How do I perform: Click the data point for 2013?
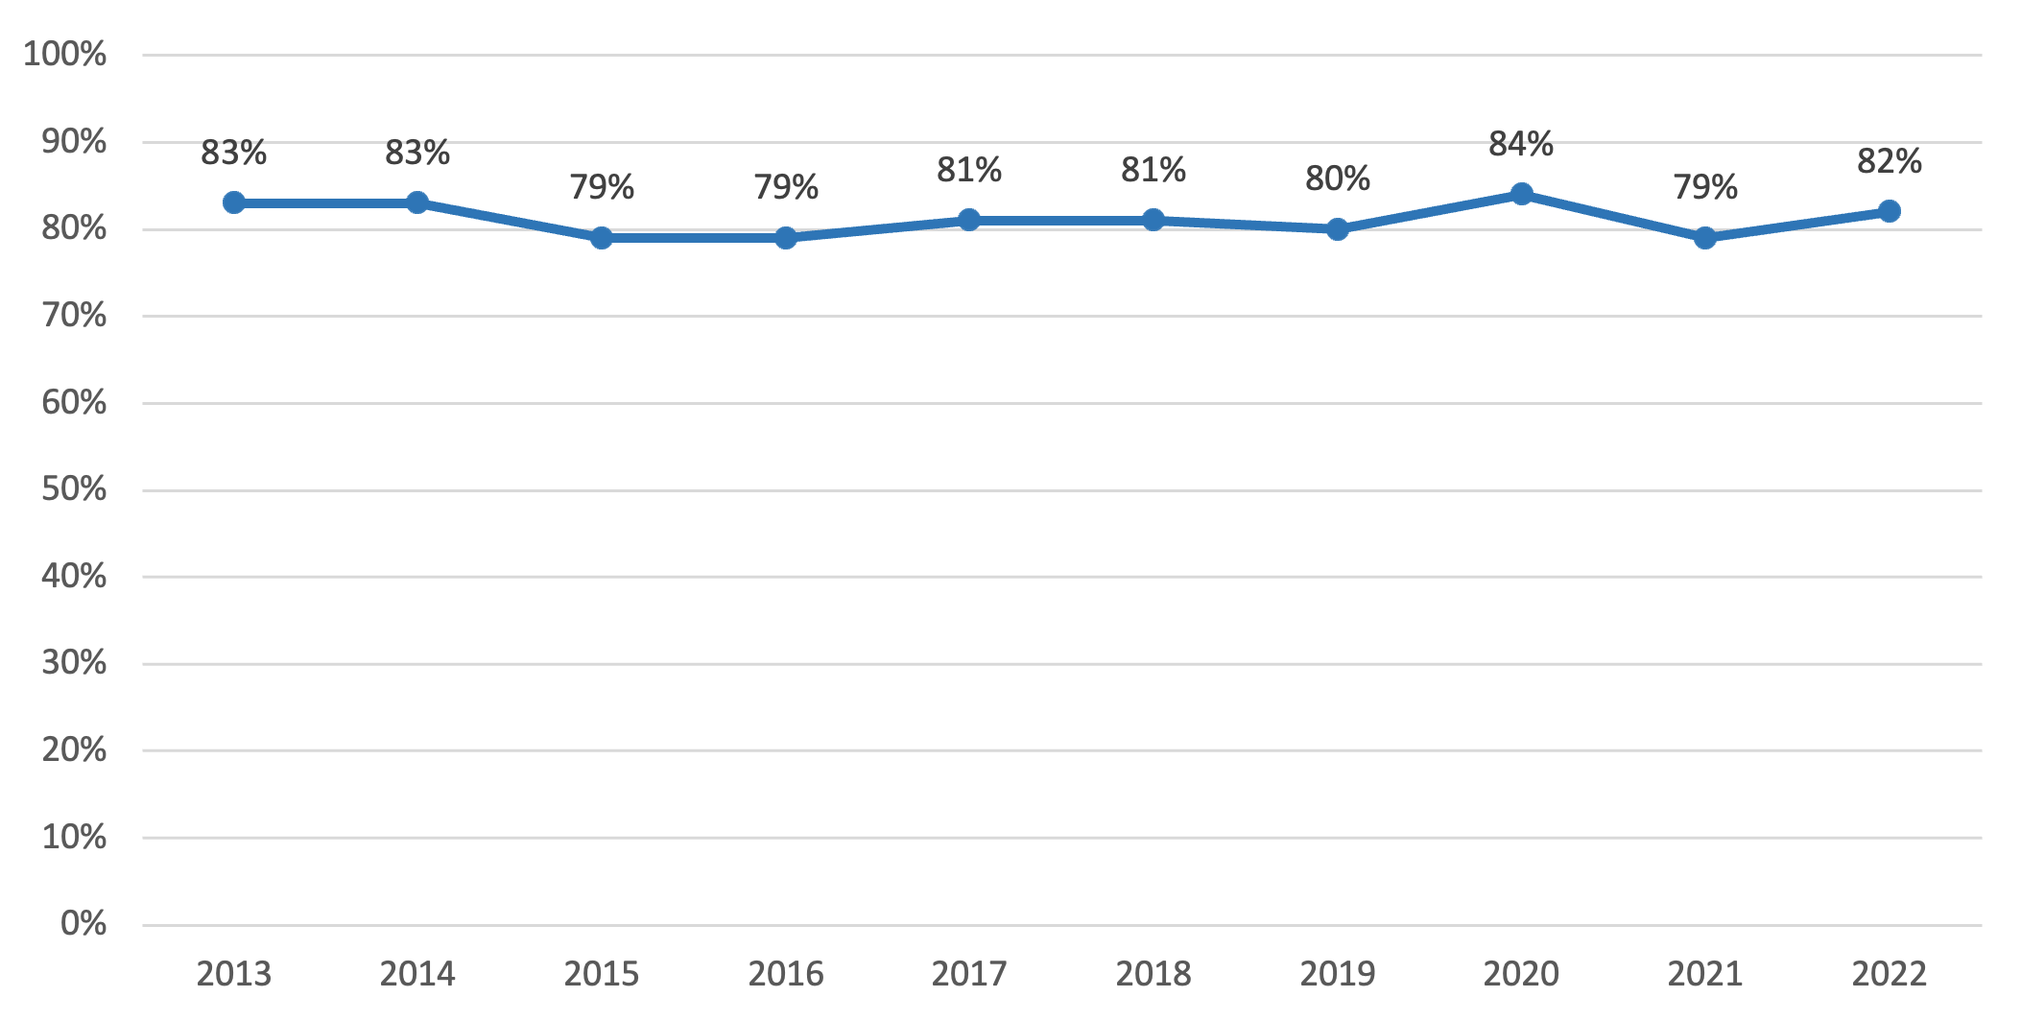(233, 202)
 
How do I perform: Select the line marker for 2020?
(1521, 194)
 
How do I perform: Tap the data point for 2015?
(602, 238)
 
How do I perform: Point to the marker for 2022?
(1889, 211)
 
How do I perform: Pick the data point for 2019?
(1337, 229)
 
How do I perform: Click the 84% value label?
(1521, 144)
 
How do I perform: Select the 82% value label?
(1889, 161)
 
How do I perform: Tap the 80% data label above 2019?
(1337, 178)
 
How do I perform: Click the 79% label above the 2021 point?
(1705, 187)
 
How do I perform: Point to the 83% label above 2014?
(417, 153)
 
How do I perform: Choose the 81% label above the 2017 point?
(969, 170)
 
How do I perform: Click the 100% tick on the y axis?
(64, 54)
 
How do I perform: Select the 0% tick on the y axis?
(83, 923)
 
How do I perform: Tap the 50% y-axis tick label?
(74, 489)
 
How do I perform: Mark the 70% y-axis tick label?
(74, 315)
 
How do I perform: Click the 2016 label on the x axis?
(786, 974)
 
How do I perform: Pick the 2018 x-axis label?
(1153, 974)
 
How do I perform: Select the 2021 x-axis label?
(1705, 974)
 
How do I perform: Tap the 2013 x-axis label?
(233, 974)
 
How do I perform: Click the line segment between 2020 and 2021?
(1613, 216)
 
